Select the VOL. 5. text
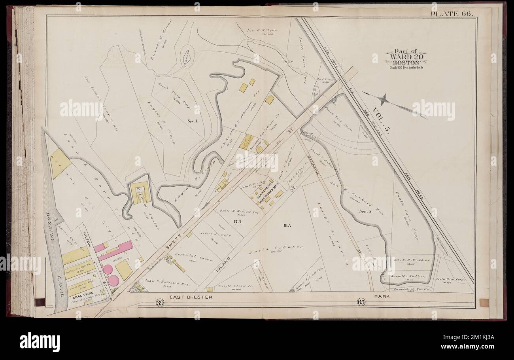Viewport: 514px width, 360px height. click(381, 121)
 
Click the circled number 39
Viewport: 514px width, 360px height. click(159, 303)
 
